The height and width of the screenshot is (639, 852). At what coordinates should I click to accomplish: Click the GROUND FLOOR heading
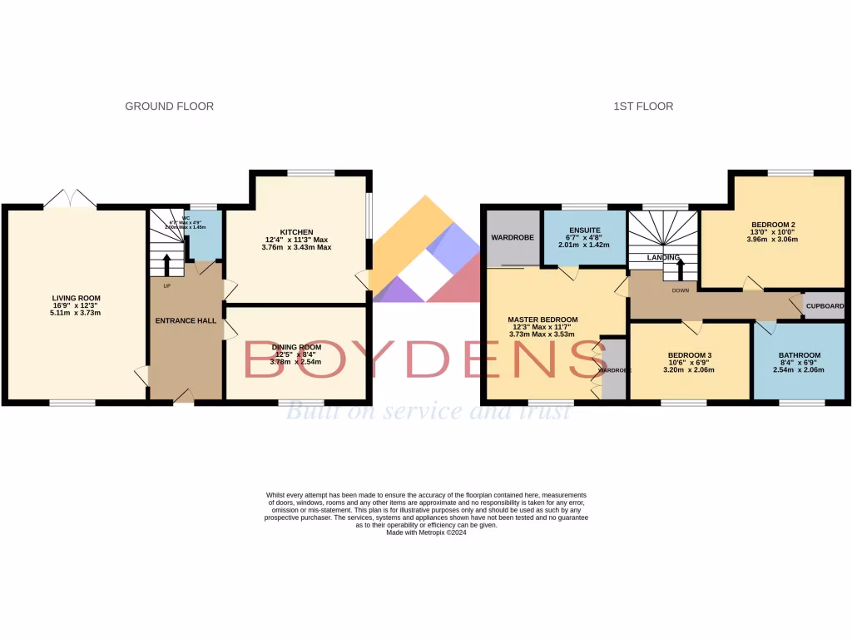tap(169, 106)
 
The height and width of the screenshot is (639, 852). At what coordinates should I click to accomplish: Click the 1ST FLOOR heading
tap(643, 106)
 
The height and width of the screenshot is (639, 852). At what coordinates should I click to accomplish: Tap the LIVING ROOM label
tap(76, 298)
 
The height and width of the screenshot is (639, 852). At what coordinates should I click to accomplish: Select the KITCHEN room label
tap(296, 230)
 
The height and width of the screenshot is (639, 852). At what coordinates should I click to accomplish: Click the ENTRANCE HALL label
tap(186, 320)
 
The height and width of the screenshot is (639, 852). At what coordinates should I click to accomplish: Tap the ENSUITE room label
tap(584, 229)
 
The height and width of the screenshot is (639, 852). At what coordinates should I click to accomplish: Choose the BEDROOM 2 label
tap(774, 225)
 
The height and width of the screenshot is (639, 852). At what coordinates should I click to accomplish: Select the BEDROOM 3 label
tap(689, 355)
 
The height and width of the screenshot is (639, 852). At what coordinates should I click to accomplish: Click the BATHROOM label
tap(800, 355)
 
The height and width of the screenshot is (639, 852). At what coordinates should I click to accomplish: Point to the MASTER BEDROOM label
tap(542, 319)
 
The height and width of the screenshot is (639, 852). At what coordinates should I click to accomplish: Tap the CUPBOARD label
tap(825, 306)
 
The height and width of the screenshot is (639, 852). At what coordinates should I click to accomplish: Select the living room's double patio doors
tap(71, 200)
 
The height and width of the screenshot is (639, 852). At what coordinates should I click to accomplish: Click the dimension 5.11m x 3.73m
tap(76, 314)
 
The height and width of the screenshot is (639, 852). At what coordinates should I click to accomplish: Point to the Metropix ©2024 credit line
tap(426, 532)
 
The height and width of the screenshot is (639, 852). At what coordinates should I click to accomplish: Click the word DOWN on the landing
tap(681, 291)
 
